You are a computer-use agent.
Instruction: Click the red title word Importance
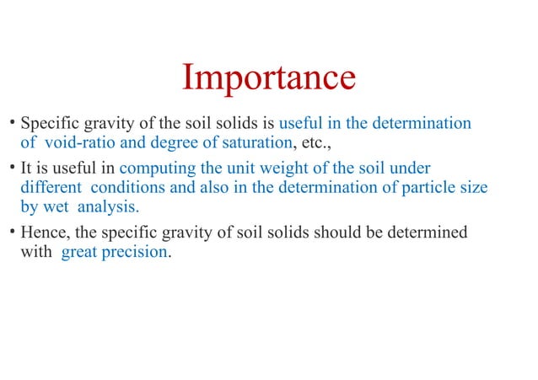pyautogui.click(x=269, y=78)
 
